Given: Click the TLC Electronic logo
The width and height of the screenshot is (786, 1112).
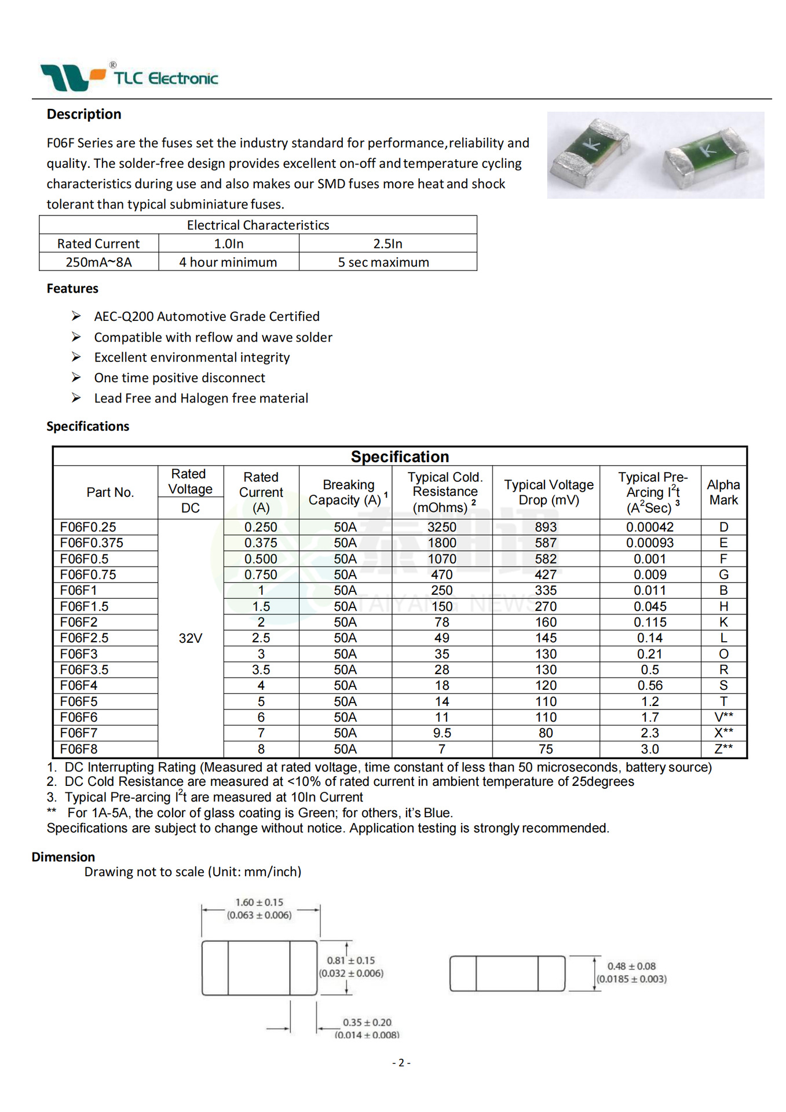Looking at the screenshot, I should pos(129,76).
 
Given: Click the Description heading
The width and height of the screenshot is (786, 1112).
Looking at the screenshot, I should pos(84,114).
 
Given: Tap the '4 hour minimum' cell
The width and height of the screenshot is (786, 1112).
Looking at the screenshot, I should pos(228,262).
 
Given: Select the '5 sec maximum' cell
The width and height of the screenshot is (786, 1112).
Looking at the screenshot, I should pos(383,262).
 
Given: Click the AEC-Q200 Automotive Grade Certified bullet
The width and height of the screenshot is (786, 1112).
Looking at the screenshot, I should pos(207,316).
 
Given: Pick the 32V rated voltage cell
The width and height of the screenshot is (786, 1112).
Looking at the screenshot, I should pos(190,638).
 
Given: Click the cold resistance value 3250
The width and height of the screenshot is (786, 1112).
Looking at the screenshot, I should pos(441,527).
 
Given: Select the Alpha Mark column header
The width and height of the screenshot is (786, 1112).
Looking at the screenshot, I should pos(723,492).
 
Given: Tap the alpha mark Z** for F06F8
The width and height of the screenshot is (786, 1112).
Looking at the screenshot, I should pos(723,749).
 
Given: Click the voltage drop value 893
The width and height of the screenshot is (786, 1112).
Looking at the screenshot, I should pos(546,527).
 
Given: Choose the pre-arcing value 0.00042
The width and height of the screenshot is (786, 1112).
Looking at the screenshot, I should pos(650,527).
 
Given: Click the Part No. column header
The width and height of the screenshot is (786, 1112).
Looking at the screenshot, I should pos(110,492).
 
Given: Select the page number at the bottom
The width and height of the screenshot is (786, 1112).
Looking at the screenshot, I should pos(401,1063).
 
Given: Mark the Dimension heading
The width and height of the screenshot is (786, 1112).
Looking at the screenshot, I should pos(63,857).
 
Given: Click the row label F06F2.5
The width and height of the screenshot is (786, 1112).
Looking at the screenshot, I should pos(84,638).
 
